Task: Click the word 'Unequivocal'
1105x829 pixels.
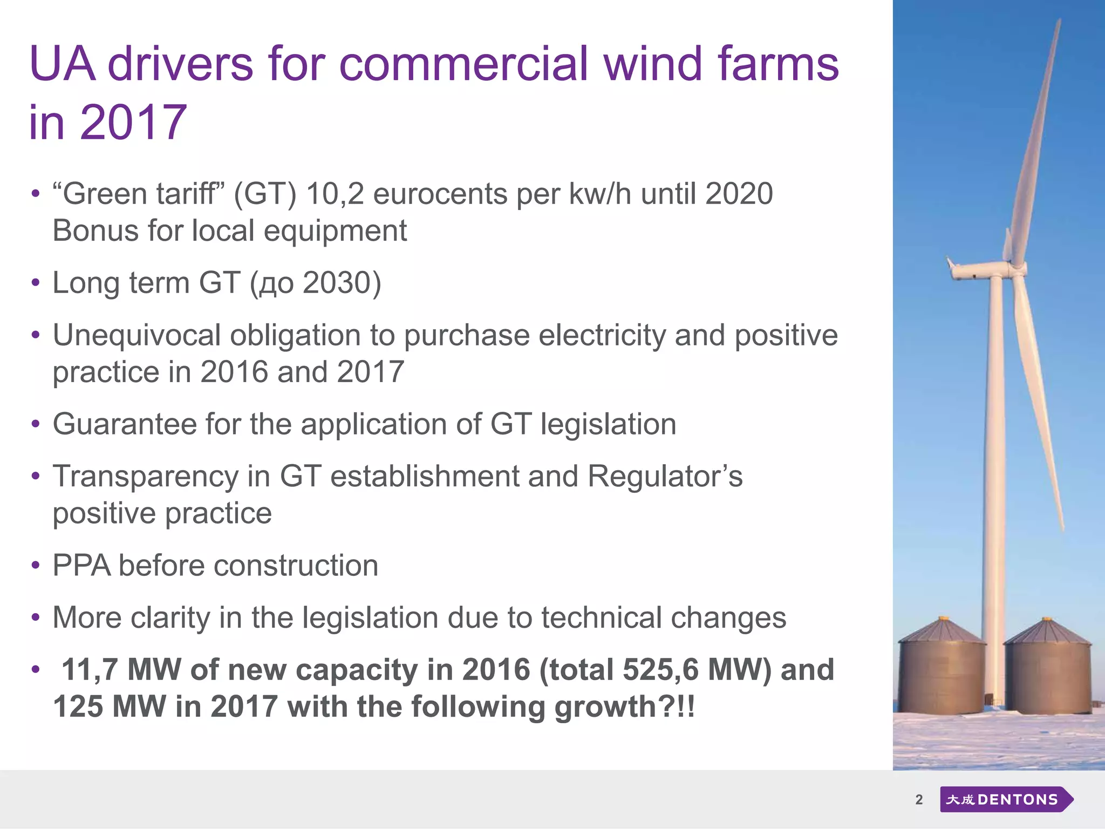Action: pos(137,335)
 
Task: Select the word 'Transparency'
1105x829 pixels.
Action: pos(145,477)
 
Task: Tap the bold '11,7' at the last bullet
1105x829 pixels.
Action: pos(90,670)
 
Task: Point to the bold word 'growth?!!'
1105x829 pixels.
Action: pos(625,706)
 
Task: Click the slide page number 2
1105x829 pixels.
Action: pos(919,799)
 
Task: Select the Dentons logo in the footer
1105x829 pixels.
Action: pos(1006,799)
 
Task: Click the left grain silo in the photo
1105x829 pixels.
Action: pos(942,669)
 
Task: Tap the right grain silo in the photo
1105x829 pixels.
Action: pos(1047,669)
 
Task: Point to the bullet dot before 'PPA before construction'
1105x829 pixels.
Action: pos(36,566)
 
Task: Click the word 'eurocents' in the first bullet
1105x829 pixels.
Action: pos(440,194)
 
